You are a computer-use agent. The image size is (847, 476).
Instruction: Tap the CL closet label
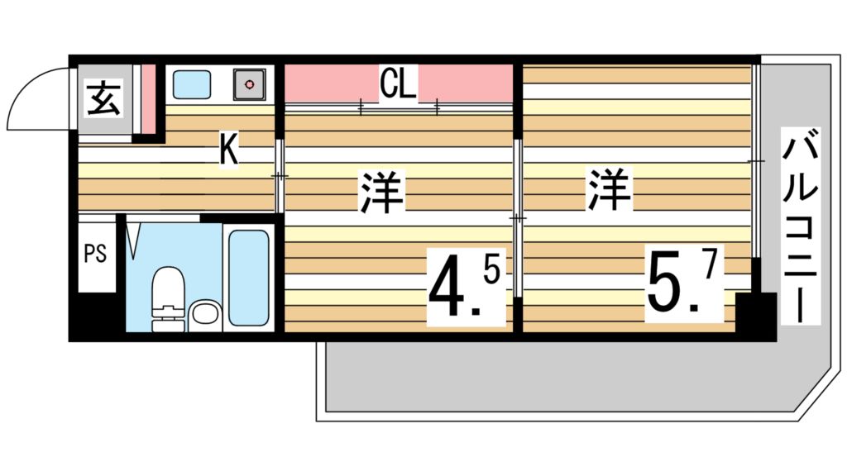pos(398,83)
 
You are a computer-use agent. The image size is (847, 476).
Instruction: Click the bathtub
pos(248,277)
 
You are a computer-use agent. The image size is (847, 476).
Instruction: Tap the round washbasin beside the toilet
pos(203,315)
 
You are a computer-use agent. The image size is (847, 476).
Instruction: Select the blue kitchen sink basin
pos(193,83)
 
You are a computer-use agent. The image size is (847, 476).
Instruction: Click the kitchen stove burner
pos(249,83)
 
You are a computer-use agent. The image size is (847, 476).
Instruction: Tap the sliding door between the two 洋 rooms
pos(517,218)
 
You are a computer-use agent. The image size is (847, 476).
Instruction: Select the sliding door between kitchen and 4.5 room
pos(280,176)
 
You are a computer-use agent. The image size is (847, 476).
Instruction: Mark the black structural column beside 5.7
pos(755,314)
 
